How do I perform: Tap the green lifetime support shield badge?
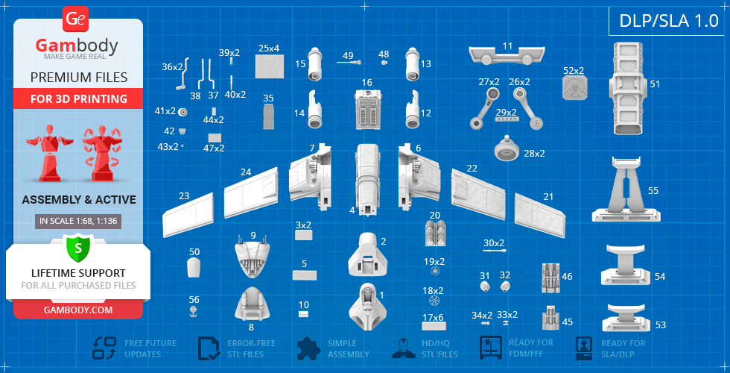(77, 247)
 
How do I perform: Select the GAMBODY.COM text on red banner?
(78, 310)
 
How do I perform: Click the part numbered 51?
(628, 89)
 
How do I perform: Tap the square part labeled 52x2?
(574, 88)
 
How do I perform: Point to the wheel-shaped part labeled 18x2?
(434, 301)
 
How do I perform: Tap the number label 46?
(567, 277)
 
